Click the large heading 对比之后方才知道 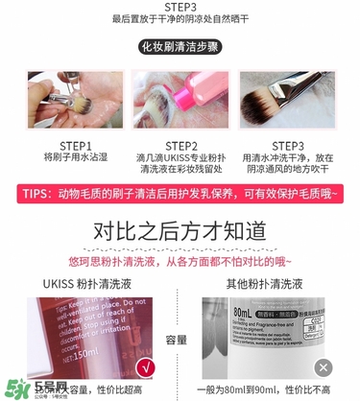tap(180, 232)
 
